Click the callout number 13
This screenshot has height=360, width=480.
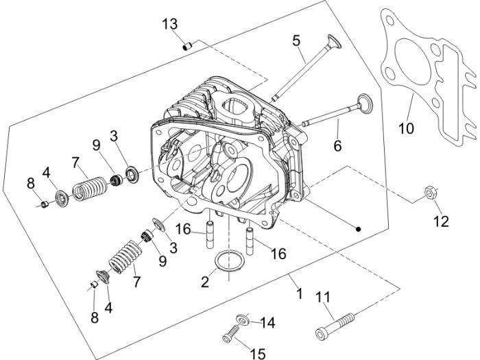pyautogui.click(x=170, y=24)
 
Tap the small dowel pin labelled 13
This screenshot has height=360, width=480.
pyautogui.click(x=187, y=47)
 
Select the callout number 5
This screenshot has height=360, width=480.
pyautogui.click(x=296, y=40)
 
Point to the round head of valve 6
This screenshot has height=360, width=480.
pyautogui.click(x=365, y=104)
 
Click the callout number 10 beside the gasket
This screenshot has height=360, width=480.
pyautogui.click(x=406, y=128)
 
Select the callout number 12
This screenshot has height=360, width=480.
pyautogui.click(x=441, y=221)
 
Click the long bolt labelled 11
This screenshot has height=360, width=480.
pyautogui.click(x=335, y=326)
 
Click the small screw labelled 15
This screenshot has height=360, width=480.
pyautogui.click(x=232, y=333)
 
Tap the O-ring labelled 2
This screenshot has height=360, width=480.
pyautogui.click(x=230, y=261)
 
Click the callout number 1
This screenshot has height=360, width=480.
pyautogui.click(x=300, y=293)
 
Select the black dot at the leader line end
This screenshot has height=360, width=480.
pyautogui.click(x=358, y=228)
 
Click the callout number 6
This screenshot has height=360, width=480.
pyautogui.click(x=337, y=145)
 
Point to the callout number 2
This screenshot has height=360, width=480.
pyautogui.click(x=205, y=282)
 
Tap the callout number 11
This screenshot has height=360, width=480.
pyautogui.click(x=323, y=297)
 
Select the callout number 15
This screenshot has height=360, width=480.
pyautogui.click(x=258, y=354)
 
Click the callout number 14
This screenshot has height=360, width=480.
pyautogui.click(x=267, y=323)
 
